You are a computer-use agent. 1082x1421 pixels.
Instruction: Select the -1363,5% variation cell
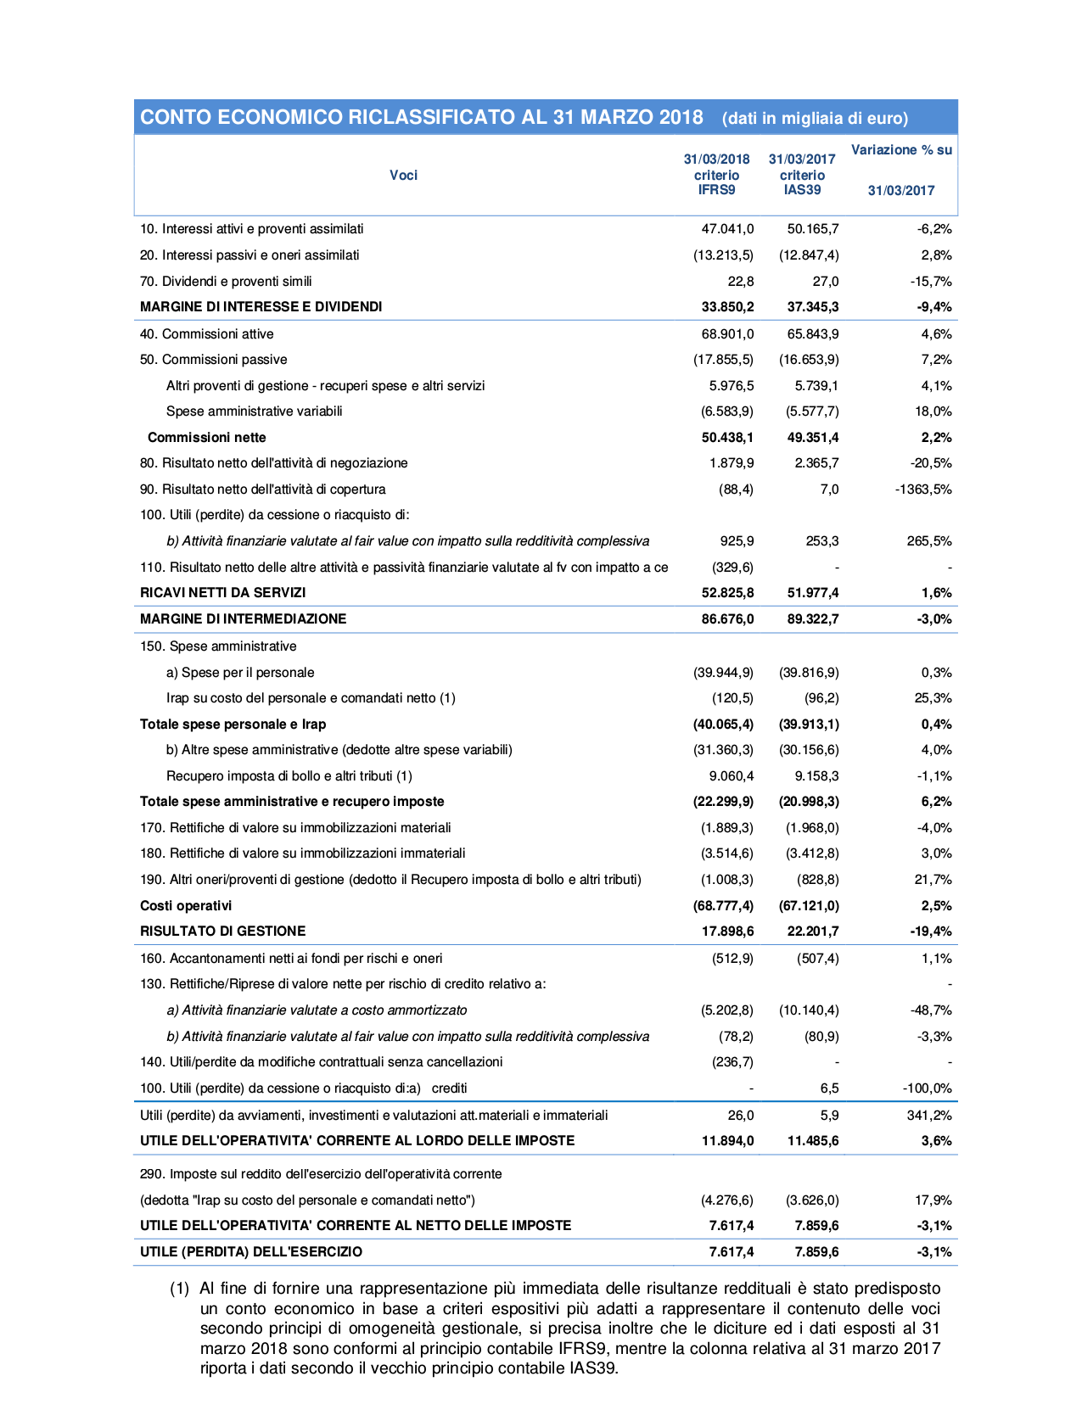923,490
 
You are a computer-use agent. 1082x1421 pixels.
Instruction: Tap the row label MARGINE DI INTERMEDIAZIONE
243,619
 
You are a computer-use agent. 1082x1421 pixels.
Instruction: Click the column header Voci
404,176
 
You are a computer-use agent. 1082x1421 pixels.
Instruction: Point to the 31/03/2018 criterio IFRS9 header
717,175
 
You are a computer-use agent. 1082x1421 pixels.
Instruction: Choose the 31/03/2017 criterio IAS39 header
802,175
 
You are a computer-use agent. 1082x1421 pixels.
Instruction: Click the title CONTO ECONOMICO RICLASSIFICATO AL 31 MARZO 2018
422,118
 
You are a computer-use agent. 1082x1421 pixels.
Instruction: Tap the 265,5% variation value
929,541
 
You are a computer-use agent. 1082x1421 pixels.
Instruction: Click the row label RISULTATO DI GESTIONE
222,931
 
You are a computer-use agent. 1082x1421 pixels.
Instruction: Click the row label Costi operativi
186,906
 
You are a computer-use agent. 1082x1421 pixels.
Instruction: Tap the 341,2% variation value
929,1116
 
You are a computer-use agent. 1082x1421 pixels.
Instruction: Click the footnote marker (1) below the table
179,1289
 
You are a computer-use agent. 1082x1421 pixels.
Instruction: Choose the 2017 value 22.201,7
813,931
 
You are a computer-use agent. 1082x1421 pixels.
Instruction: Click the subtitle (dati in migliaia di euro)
815,119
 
